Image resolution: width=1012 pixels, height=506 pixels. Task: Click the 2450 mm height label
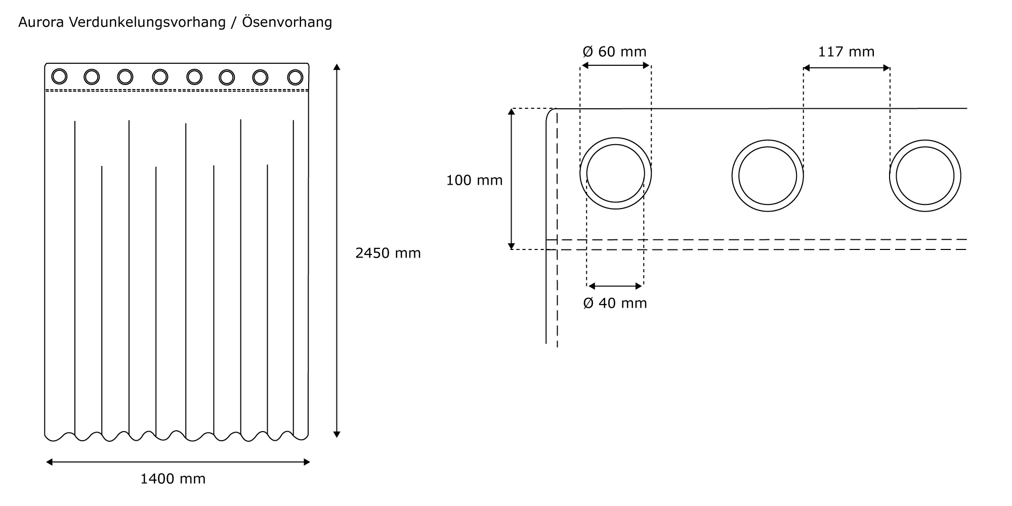388,253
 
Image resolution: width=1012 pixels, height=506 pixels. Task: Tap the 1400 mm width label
173,479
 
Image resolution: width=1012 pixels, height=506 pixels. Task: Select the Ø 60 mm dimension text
614,52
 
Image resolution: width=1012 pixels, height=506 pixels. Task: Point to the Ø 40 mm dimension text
615,303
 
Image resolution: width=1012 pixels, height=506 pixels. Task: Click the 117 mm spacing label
846,52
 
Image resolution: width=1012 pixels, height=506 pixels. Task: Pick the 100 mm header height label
474,180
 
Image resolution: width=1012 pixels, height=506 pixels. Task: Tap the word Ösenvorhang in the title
287,22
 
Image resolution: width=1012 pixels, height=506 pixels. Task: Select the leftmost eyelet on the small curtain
59,76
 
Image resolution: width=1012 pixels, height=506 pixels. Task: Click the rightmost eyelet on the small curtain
295,77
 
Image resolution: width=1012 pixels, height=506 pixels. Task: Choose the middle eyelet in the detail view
768,176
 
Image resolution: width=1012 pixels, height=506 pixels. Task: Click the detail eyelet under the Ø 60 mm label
615,173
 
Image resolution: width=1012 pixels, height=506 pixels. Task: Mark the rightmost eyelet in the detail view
925,176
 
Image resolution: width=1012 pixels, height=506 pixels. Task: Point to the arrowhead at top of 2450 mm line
337,67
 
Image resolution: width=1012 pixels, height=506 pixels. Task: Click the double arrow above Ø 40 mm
615,286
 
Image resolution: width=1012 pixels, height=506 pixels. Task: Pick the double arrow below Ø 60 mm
615,65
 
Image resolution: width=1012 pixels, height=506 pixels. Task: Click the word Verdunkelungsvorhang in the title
147,22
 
